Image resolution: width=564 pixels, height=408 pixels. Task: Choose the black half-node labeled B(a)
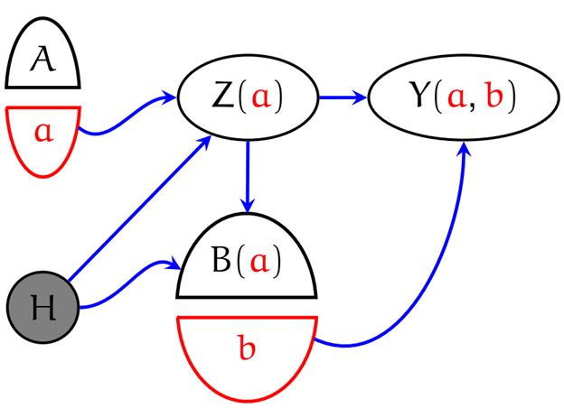[x=247, y=262]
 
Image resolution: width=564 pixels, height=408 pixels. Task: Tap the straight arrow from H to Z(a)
[x=140, y=208]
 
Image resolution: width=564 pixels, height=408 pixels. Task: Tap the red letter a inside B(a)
[x=259, y=263]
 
